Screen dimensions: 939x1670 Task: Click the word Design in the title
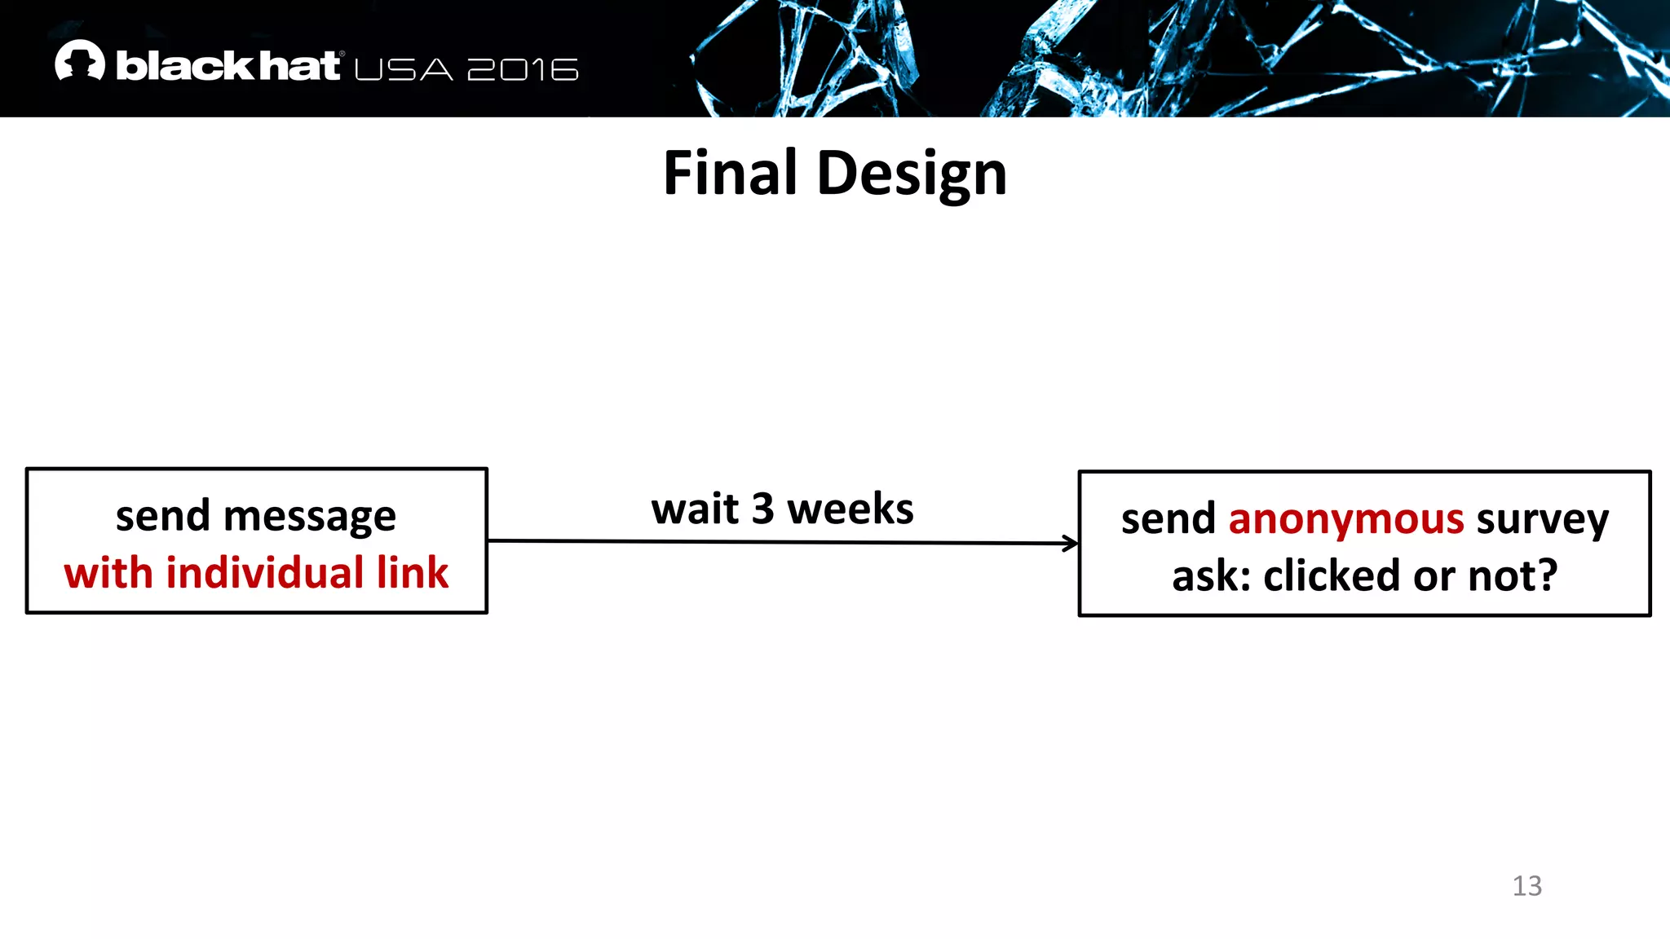click(912, 174)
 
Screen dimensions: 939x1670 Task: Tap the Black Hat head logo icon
click(80, 61)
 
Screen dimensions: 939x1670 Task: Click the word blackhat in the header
click(228, 66)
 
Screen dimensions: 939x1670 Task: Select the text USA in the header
click(404, 70)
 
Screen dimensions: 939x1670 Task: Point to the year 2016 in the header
click(523, 70)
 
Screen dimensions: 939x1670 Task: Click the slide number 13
click(1526, 885)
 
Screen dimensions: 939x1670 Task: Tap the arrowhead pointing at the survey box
click(1071, 543)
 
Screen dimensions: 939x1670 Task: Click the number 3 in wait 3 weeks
click(762, 509)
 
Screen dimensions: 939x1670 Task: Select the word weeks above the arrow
click(850, 509)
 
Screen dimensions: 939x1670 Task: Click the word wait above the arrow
click(695, 509)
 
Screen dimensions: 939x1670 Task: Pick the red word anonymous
click(1345, 519)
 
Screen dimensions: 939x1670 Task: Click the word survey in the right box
click(1542, 519)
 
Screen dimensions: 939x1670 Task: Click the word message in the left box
click(309, 517)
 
